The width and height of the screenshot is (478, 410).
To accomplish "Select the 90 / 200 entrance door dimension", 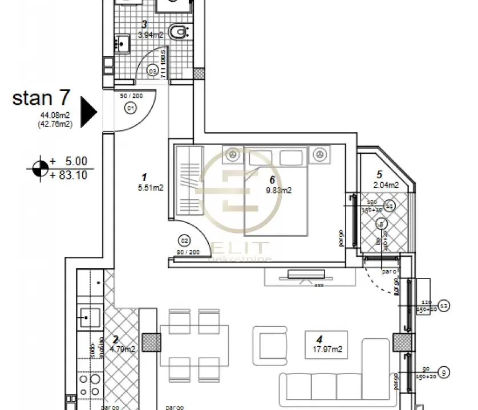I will tap(131, 96).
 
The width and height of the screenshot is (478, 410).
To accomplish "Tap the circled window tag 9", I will tap(445, 373).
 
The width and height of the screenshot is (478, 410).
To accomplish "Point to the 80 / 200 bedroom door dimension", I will tap(188, 251).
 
